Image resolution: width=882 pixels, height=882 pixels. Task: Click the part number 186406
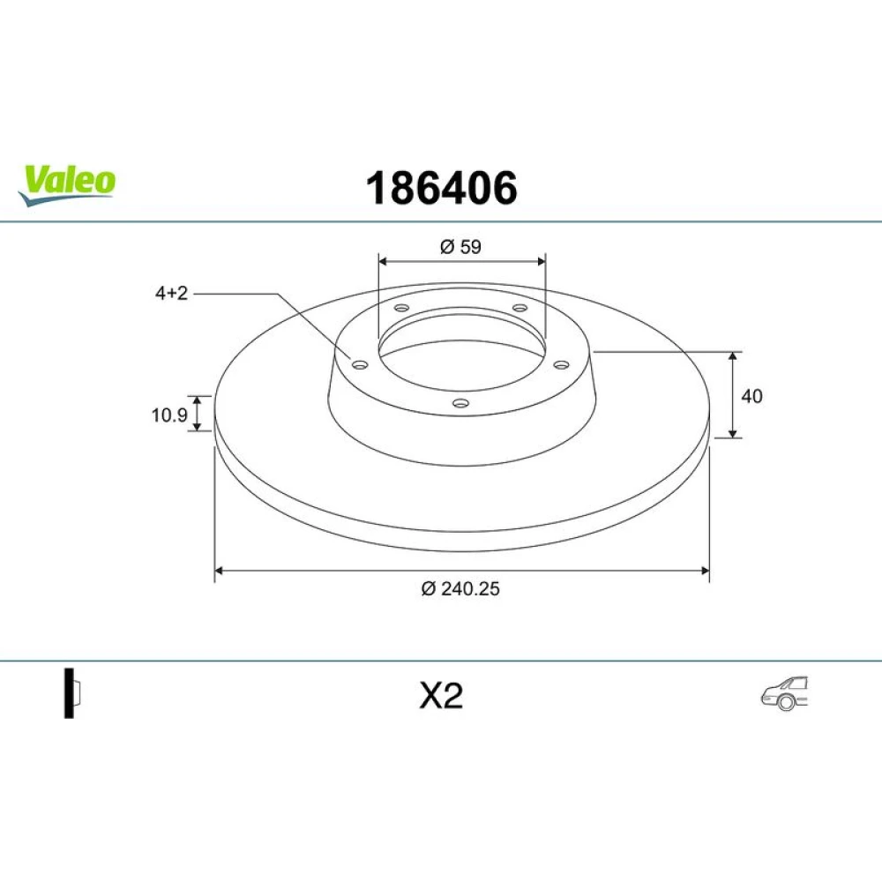(442, 188)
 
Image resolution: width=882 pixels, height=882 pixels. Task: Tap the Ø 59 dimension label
(460, 247)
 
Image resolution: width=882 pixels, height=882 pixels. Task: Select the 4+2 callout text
(172, 293)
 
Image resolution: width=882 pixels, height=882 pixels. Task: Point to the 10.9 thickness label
(169, 415)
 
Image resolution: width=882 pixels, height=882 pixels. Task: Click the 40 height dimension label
(752, 396)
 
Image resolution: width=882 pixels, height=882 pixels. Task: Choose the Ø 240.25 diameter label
(460, 588)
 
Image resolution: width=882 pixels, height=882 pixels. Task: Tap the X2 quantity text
(442, 696)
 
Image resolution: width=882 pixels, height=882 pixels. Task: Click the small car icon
(785, 692)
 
